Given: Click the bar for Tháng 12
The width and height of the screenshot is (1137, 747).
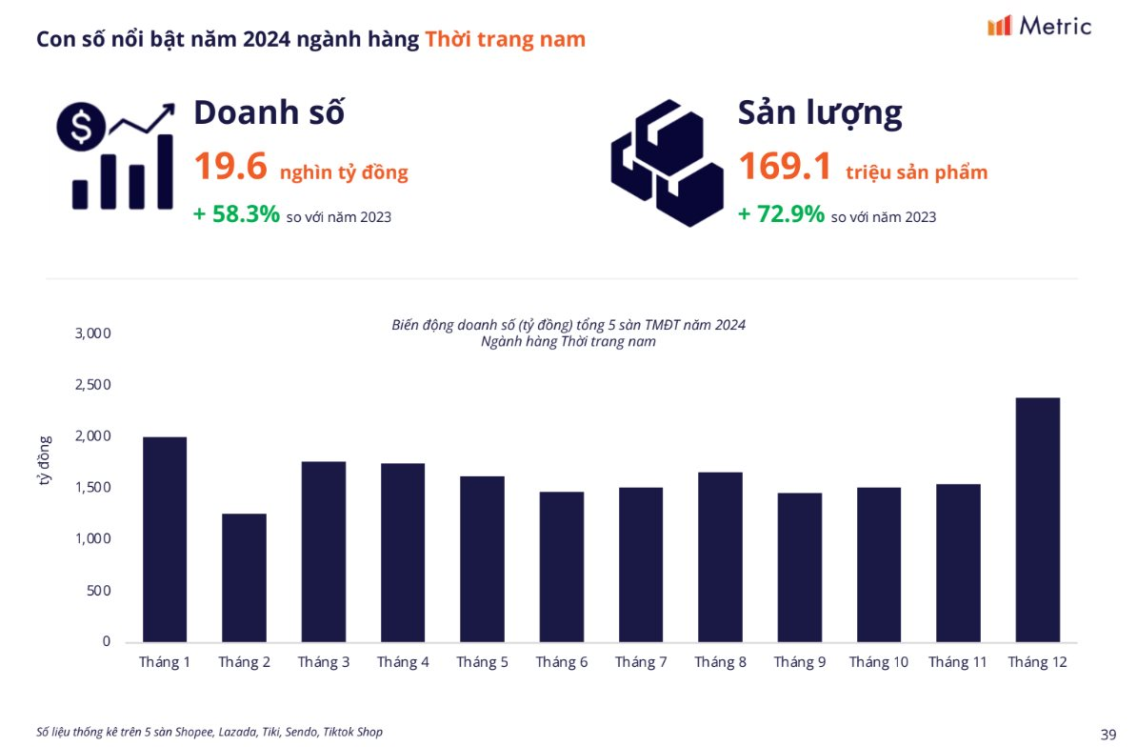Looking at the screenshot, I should (x=1037, y=519).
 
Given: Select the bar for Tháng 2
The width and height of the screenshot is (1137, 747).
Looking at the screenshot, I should (x=244, y=577).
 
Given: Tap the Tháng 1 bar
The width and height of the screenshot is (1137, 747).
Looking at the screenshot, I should (x=165, y=539).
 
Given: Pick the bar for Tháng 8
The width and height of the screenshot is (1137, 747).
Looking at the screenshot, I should (x=720, y=556).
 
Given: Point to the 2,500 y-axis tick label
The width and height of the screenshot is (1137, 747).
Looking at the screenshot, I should (x=93, y=385).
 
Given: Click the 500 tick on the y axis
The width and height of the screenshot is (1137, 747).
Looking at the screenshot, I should (x=100, y=591).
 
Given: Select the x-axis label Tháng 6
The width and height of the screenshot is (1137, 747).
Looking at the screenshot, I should (x=561, y=662).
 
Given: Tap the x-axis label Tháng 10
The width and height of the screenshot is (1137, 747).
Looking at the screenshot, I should (x=878, y=662).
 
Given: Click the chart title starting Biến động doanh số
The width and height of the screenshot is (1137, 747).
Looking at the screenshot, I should (x=568, y=325).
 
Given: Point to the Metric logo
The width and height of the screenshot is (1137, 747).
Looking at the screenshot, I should (x=1039, y=26).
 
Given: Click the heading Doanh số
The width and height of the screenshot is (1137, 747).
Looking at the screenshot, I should (x=269, y=112).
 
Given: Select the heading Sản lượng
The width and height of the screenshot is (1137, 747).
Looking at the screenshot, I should (x=820, y=112).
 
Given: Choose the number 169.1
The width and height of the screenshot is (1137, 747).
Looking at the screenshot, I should (x=785, y=167).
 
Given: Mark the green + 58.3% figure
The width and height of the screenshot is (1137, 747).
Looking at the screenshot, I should (x=236, y=214).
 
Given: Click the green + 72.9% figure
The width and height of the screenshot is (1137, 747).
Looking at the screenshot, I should (x=781, y=214).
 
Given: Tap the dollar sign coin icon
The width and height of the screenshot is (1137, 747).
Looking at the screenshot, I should (x=80, y=126).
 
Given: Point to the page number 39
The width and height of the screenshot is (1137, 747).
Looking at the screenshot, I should (x=1107, y=734).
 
